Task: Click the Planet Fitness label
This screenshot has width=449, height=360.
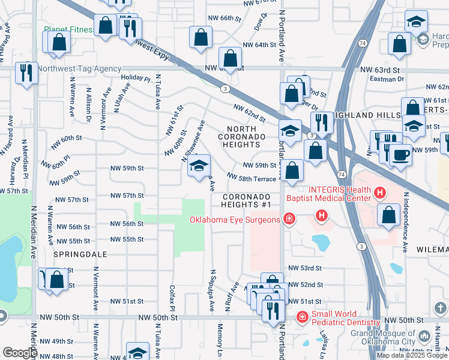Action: click(x=68, y=29)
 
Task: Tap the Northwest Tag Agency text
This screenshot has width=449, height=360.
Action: click(x=79, y=69)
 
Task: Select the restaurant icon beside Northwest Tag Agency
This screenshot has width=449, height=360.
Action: click(x=26, y=73)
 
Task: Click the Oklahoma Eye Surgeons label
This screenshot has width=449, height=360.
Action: click(x=235, y=220)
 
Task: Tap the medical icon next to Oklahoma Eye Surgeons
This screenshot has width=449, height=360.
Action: click(x=289, y=220)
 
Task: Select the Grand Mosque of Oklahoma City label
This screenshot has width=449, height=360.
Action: click(x=383, y=337)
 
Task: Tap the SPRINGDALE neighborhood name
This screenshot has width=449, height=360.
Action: click(x=80, y=254)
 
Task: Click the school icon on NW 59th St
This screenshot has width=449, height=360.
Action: click(x=199, y=167)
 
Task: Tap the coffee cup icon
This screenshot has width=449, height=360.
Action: click(x=401, y=155)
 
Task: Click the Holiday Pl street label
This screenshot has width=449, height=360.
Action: click(x=135, y=78)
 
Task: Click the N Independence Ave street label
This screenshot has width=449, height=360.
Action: click(x=406, y=213)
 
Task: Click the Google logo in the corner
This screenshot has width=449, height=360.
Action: click(x=20, y=352)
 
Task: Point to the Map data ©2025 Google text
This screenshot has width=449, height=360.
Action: click(x=412, y=355)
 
